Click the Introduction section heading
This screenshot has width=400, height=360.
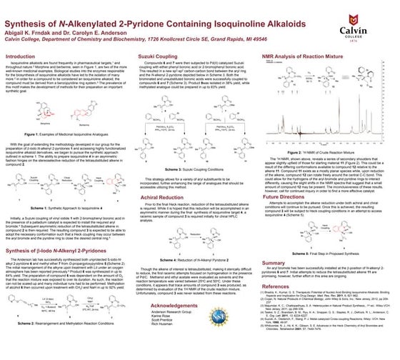21,56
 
